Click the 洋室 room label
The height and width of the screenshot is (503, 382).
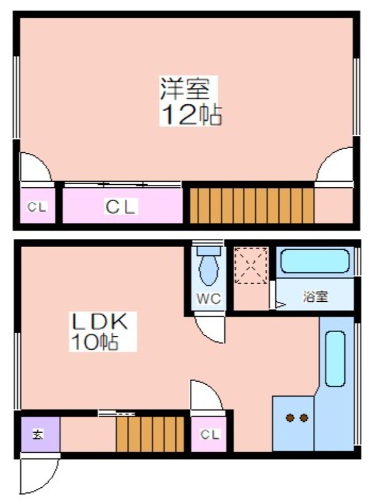click(x=185, y=88)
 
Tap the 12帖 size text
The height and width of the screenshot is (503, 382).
click(x=192, y=114)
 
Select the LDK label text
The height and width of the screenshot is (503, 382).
click(x=100, y=322)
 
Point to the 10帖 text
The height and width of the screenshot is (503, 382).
click(x=94, y=342)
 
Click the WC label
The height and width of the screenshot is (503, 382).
click(x=209, y=299)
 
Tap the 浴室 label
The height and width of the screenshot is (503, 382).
click(x=315, y=296)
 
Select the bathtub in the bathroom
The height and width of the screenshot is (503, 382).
click(x=315, y=262)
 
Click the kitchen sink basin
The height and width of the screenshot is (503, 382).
click(x=336, y=358)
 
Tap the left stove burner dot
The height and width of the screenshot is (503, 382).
click(x=290, y=417)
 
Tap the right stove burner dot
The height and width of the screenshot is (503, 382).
click(x=304, y=417)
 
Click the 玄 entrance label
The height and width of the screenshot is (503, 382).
click(x=38, y=434)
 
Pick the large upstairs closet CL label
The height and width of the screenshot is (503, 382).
click(x=121, y=207)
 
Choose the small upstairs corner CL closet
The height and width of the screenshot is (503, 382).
click(x=37, y=207)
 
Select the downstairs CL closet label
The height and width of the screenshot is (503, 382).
click(x=210, y=434)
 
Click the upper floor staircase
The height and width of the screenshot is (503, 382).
click(x=251, y=206)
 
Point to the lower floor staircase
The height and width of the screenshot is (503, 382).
click(x=150, y=434)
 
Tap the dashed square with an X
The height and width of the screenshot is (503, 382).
click(x=251, y=265)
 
